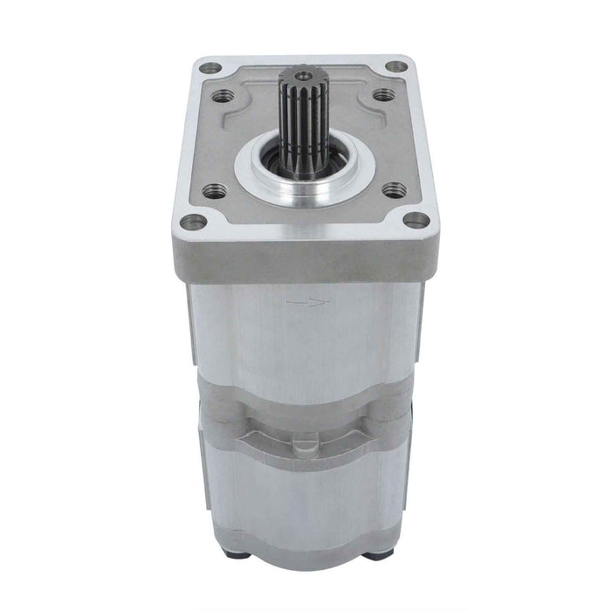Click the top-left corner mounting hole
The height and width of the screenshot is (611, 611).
pyautogui.click(x=209, y=67)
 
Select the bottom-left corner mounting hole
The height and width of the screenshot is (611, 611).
pyautogui.click(x=196, y=222)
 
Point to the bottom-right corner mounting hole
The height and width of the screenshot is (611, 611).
pyautogui.click(x=417, y=220)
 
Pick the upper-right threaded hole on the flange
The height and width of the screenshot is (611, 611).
pyautogui.click(x=383, y=95)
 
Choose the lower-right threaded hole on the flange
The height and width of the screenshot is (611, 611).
pyautogui.click(x=395, y=189)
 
